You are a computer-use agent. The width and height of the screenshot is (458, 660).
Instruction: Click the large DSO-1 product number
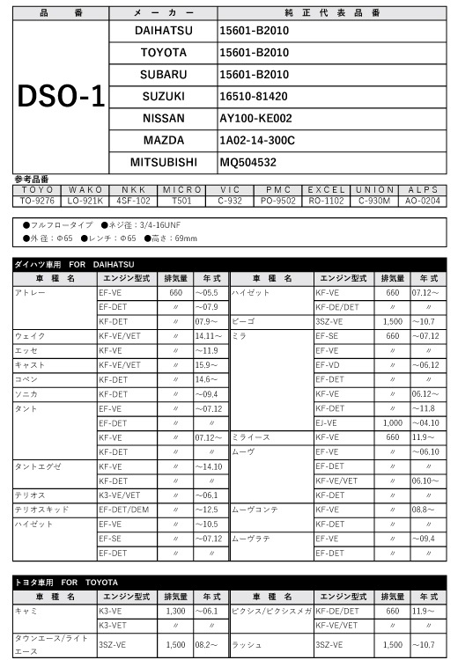(x=61, y=97)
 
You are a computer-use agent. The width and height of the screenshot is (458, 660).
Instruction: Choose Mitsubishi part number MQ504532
(x=247, y=162)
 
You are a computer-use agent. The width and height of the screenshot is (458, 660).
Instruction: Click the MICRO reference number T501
(x=182, y=201)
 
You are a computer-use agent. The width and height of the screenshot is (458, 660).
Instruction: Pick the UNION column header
(x=375, y=189)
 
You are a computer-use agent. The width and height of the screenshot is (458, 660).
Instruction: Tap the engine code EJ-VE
(x=327, y=422)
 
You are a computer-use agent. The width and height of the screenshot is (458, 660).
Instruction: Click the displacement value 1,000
(x=393, y=422)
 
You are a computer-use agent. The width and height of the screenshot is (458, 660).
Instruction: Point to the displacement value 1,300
(x=174, y=610)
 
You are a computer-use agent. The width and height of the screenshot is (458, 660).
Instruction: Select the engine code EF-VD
(x=328, y=364)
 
